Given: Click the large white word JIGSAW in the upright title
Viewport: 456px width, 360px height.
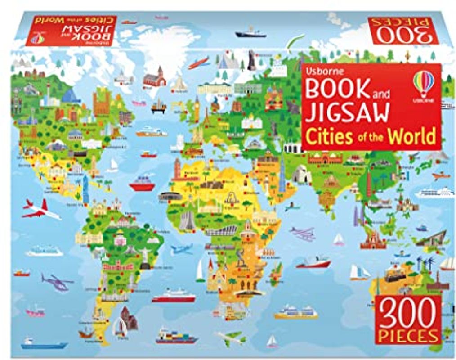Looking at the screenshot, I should click(x=347, y=112).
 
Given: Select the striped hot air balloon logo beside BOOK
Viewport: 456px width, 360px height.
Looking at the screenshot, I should click(x=423, y=84).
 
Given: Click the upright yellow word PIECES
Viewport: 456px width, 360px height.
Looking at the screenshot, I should click(x=408, y=336).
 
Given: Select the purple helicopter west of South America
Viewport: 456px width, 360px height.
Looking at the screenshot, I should click(x=56, y=282).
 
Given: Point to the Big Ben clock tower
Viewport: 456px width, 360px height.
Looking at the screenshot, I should click(x=197, y=109).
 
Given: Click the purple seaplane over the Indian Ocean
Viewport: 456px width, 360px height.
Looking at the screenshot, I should click(x=303, y=233).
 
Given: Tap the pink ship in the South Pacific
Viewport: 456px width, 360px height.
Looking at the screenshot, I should click(x=35, y=310).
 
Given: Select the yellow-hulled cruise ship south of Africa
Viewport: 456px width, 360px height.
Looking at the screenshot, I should click(x=295, y=311).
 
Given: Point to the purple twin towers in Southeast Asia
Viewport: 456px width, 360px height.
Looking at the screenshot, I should click(x=358, y=215).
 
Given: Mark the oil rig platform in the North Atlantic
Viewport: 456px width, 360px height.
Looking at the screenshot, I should click(x=159, y=106).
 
